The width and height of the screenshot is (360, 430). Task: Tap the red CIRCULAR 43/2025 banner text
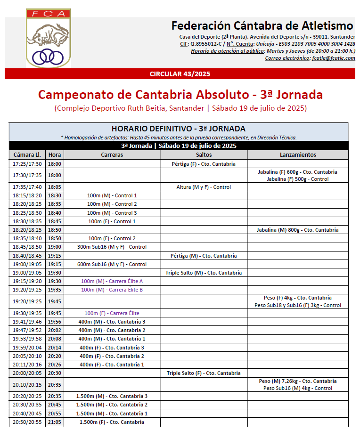[x=180, y=74]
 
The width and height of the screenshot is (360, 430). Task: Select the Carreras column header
[x=112, y=154]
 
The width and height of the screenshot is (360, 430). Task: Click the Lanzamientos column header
[x=298, y=154]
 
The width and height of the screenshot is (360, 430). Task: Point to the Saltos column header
[x=204, y=154]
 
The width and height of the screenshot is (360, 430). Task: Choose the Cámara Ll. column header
[x=27, y=154]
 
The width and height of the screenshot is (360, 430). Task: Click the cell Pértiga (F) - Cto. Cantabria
[x=204, y=164]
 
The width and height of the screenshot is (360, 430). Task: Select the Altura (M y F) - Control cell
[x=204, y=187]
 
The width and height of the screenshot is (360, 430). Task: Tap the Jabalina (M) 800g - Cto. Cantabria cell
[x=298, y=230]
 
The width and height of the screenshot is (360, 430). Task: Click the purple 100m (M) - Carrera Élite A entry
[x=112, y=281]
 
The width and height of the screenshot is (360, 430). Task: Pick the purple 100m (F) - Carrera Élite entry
[x=112, y=313]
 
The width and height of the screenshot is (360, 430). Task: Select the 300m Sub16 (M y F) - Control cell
[x=112, y=247]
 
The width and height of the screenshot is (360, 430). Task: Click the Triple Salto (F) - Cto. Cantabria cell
[x=204, y=373]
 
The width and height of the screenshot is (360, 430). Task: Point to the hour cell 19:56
[x=55, y=322]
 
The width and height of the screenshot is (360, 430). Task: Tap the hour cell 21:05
[x=55, y=422]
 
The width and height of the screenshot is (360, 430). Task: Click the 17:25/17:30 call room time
[x=27, y=164]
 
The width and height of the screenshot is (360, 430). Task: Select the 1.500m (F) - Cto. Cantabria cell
[x=112, y=422]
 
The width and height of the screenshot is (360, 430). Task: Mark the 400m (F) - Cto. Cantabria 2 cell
[x=112, y=356]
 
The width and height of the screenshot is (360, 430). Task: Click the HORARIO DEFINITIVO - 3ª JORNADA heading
[x=179, y=129]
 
